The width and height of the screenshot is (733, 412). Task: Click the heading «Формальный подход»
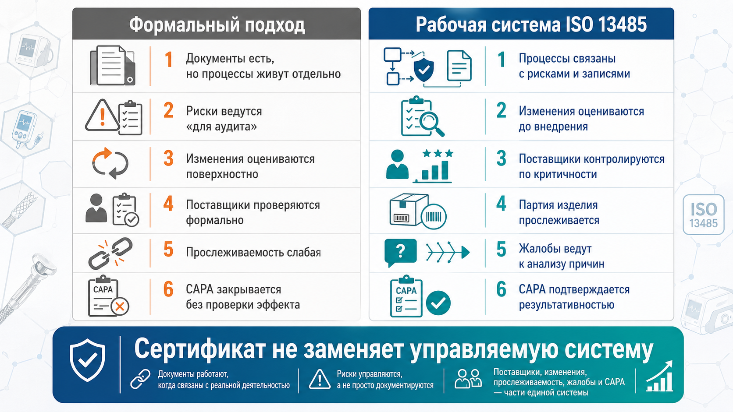point(217,25)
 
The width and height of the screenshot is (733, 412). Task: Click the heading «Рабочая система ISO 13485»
point(531,25)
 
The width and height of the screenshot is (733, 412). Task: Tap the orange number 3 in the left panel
point(168,158)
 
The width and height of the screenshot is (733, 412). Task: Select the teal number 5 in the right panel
point(502,250)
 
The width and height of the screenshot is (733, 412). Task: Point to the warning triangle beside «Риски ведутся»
point(102,115)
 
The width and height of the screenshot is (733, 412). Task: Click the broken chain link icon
point(110,253)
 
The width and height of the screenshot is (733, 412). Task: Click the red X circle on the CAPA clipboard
point(120,306)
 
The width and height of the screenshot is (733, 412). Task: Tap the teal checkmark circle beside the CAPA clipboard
point(438,303)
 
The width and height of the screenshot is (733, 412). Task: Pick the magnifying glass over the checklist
point(432,123)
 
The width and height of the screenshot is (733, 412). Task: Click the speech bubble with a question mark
point(401,252)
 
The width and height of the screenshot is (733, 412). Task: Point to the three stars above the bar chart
point(438,153)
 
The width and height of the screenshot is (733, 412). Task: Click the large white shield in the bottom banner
point(87,360)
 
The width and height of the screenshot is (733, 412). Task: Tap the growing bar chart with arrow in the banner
point(659,376)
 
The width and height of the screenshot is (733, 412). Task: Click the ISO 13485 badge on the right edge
point(704,215)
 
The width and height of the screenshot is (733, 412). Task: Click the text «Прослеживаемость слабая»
point(253,252)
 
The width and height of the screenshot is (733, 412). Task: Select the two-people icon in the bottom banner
point(468,379)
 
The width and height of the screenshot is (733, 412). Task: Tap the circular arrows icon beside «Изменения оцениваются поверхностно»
point(110,163)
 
